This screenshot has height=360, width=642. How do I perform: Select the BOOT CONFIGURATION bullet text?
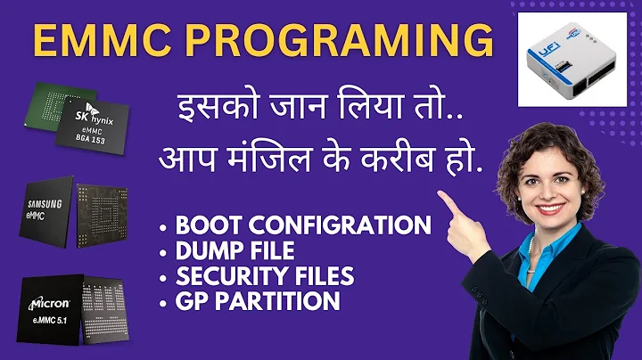pyautogui.click(x=303, y=225)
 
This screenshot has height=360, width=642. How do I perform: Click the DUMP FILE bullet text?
pyautogui.click(x=235, y=250)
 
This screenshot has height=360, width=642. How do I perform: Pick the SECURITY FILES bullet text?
pyautogui.click(x=265, y=275)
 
